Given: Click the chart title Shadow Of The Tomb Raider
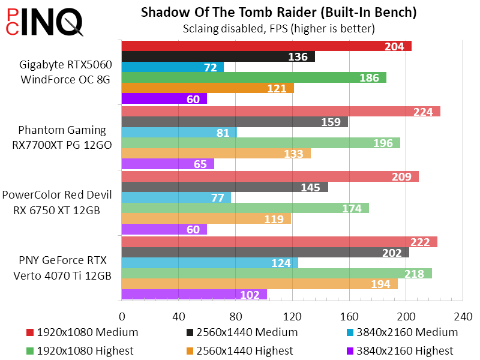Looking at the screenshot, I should tap(278, 13).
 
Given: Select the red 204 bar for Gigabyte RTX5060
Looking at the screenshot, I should tap(266, 46).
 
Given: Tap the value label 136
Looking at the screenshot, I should tap(298, 57).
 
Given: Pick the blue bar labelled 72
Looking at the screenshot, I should tap(173, 68).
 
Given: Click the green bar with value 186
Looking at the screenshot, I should tap(254, 78).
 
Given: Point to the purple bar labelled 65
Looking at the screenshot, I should tap(168, 164).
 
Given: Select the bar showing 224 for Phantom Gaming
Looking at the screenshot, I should tap(281, 112).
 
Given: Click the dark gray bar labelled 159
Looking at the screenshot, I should tap(235, 122).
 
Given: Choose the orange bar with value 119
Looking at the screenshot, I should tap(206, 219).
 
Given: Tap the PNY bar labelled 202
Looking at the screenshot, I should tap(265, 253).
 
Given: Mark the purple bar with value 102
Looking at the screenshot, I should tap(194, 295).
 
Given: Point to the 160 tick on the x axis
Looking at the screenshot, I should tap(349, 316).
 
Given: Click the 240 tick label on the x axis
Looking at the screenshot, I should tap(463, 316).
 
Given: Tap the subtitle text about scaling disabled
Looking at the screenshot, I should tap(278, 28).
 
